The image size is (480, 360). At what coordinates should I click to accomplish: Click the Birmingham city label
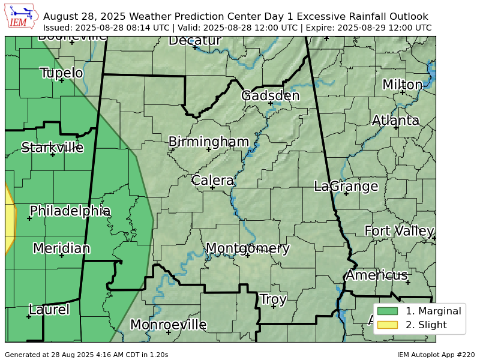coord(208,142)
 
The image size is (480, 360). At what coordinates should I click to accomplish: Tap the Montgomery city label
coord(247,248)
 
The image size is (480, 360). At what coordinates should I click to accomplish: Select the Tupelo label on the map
coord(61,73)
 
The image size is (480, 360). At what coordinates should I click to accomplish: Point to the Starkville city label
coord(52,148)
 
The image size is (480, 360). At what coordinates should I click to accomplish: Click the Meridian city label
coord(61,248)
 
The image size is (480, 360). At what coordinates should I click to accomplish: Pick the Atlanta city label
coord(395,121)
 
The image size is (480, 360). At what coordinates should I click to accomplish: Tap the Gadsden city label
coord(270,96)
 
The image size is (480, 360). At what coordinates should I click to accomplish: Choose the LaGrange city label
coord(346,187)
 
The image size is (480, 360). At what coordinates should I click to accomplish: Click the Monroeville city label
coord(168,325)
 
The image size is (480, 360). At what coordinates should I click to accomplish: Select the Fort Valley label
coord(399,231)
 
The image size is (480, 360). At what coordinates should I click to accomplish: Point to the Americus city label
coord(376,275)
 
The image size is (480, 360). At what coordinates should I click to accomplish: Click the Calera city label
coord(212,181)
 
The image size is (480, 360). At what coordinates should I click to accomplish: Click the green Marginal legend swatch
coord(388,311)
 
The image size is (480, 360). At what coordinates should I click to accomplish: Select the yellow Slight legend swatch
coord(388,325)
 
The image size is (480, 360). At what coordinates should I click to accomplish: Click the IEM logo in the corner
coord(22,16)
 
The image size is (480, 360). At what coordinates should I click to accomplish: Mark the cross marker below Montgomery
coord(247,256)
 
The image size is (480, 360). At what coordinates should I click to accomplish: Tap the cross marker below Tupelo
coord(61,80)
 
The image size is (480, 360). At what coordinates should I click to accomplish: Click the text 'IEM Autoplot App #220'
coord(436,355)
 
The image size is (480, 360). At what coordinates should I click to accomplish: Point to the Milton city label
coord(402,85)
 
